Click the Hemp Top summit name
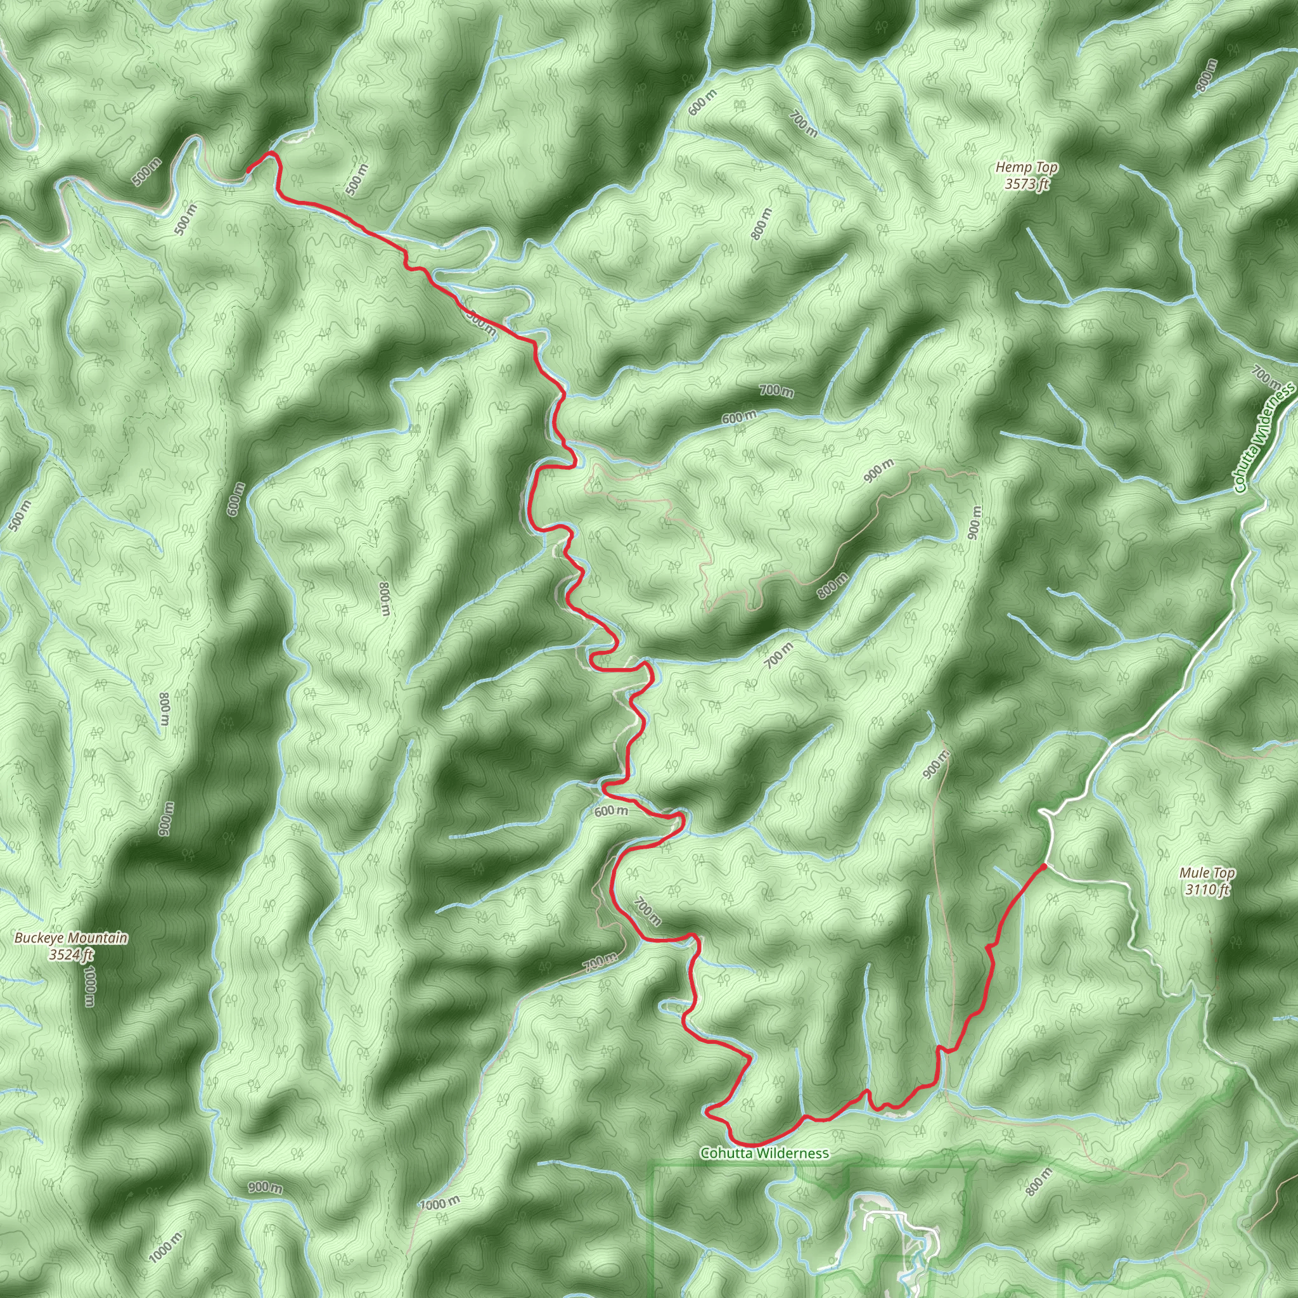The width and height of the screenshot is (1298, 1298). [x=1027, y=167]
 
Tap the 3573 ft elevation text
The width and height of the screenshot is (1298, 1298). [x=1027, y=183]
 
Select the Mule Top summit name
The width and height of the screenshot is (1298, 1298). [x=1207, y=873]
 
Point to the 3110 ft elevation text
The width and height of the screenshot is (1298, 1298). [x=1207, y=890]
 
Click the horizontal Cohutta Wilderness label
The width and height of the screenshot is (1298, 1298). [x=764, y=1153]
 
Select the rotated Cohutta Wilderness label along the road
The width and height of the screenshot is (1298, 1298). [x=1264, y=437]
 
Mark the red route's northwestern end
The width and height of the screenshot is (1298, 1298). [x=248, y=170]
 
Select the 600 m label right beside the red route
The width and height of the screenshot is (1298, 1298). [x=611, y=812]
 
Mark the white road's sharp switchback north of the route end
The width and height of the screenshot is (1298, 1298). [x=1043, y=814]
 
